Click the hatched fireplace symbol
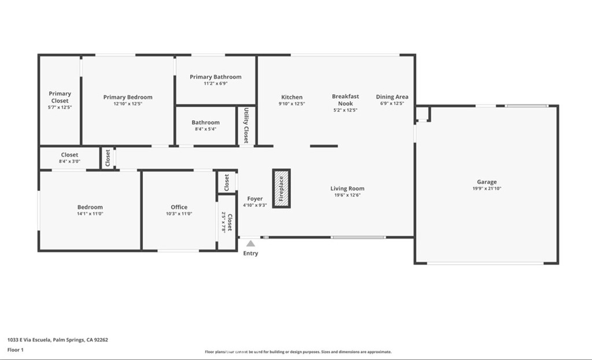tap(282, 188)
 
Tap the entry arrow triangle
tap(250, 244)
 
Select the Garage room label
tap(486, 182)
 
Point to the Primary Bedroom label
tap(128, 97)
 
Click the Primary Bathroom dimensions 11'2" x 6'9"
tap(215, 84)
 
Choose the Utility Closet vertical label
tap(246, 125)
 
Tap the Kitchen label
tap(291, 97)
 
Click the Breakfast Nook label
tap(345, 100)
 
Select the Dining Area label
tap(392, 97)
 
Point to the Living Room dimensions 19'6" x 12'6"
tap(347, 195)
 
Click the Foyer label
tap(255, 199)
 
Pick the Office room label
tap(179, 207)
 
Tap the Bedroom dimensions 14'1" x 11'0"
tap(90, 214)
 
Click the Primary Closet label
tap(60, 97)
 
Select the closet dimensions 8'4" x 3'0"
tap(69, 162)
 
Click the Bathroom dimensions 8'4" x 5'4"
tap(205, 129)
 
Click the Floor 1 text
tap(16, 350)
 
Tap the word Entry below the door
tap(250, 254)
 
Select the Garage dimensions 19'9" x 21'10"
tap(486, 189)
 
